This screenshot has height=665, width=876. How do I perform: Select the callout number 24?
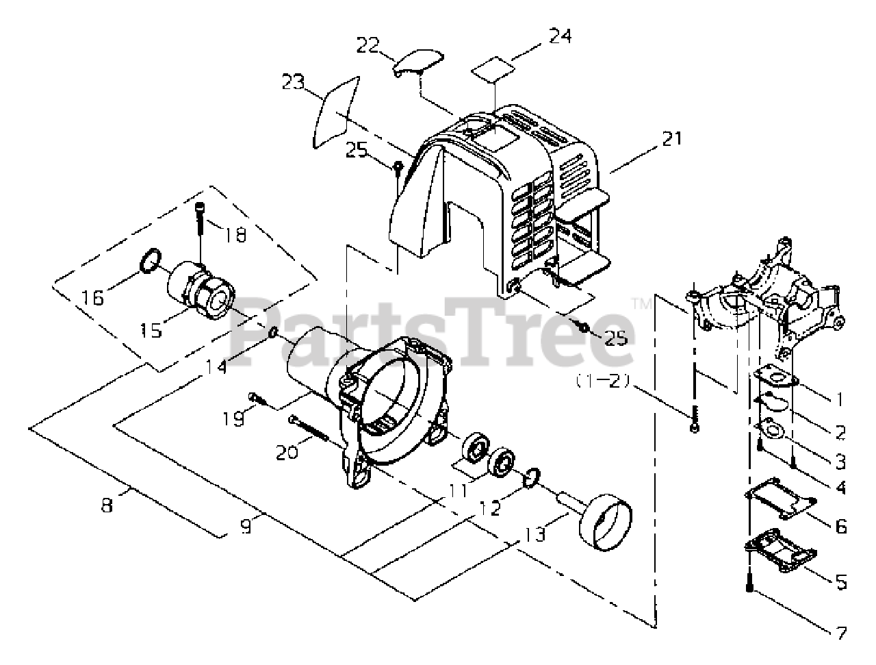[x=560, y=36]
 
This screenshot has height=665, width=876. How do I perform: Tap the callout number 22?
[x=370, y=45]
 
